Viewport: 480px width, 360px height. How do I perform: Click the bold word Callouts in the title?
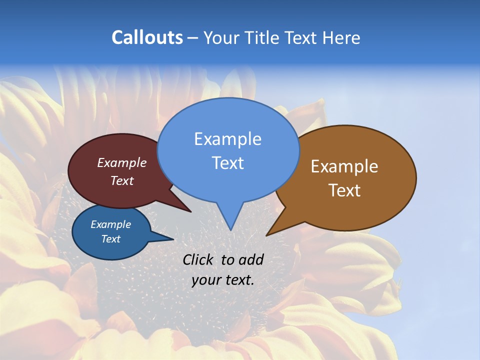point(147,37)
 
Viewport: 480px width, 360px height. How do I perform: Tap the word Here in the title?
point(341,37)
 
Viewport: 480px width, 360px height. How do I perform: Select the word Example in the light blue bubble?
point(227,139)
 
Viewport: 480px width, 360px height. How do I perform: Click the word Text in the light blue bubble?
point(227,163)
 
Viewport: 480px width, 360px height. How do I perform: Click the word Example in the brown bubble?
point(344,166)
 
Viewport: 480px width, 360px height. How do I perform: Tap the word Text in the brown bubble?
point(344,190)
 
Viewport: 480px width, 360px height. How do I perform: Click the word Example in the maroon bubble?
point(121,162)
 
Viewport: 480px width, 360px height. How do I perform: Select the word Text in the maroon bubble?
point(121,180)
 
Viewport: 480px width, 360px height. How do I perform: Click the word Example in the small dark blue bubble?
point(110,224)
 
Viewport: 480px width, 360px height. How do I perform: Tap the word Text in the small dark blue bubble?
point(110,239)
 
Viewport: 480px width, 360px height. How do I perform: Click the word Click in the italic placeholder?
point(198,259)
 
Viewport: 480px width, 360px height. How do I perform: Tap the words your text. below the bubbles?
point(223,280)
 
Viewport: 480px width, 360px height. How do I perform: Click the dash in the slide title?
point(193,38)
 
